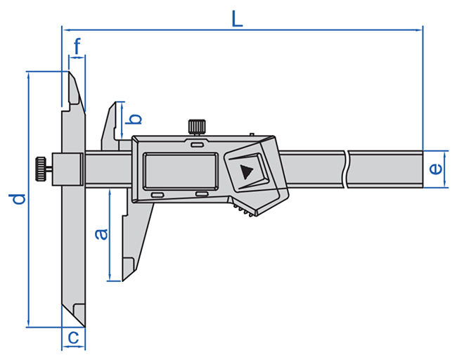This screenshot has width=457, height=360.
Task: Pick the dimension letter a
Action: click(x=101, y=233)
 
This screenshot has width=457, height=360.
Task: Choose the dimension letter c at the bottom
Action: click(x=73, y=338)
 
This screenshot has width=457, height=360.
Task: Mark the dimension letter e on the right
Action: click(x=435, y=169)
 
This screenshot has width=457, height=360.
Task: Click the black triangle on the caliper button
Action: click(x=246, y=171)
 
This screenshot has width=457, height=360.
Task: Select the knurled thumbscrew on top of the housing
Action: click(x=197, y=127)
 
